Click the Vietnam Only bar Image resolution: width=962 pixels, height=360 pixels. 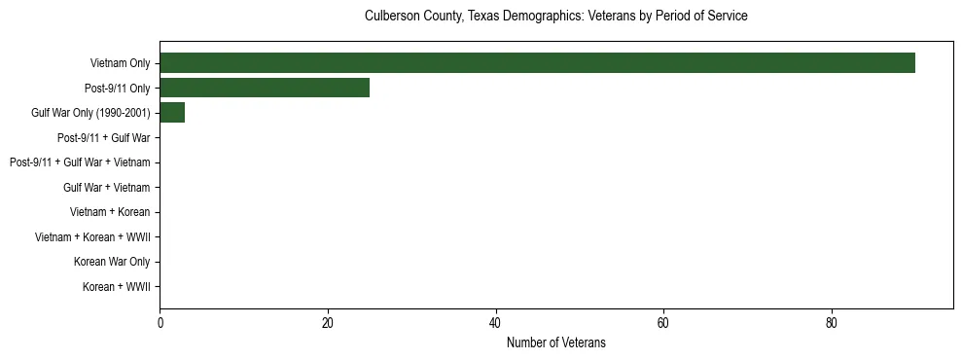point(537,63)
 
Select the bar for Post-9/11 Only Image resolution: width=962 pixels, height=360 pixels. point(265,89)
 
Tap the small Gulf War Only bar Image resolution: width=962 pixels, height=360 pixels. point(172,113)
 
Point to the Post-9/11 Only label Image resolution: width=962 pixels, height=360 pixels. point(117,89)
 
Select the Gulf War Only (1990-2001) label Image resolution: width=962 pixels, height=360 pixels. point(90,113)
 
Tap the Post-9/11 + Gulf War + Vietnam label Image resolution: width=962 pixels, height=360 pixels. point(80,162)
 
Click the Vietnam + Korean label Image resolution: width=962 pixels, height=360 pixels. point(110,212)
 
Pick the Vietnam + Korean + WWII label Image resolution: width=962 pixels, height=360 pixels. point(92,237)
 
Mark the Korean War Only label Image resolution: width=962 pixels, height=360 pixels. point(112,262)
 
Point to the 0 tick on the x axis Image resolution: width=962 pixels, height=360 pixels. point(160,322)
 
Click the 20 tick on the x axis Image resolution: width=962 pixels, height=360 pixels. point(328,322)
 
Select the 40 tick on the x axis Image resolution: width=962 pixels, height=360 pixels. point(496,322)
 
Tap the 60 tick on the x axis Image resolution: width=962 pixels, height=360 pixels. point(663,322)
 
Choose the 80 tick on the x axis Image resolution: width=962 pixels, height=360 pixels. point(832,322)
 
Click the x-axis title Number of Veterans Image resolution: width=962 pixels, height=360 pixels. point(556,342)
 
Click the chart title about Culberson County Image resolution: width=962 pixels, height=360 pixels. point(556,17)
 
